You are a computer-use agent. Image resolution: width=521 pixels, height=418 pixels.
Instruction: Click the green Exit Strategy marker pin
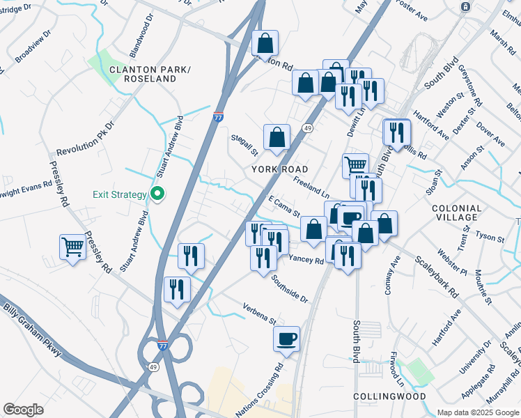(x=157, y=194)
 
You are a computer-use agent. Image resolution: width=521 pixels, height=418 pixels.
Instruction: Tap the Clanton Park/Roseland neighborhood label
(x=143, y=74)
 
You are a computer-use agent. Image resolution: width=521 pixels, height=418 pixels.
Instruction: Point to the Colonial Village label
(x=457, y=213)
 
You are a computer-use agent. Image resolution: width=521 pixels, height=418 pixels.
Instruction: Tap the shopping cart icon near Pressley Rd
(x=72, y=247)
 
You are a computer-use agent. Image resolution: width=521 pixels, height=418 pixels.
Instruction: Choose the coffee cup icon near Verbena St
(x=286, y=339)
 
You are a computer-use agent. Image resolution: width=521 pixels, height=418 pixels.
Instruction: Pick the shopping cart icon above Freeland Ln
(x=355, y=166)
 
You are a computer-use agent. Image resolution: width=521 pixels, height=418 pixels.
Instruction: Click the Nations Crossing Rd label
(x=260, y=390)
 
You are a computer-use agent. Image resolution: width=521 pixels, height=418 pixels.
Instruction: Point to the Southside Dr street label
(x=290, y=287)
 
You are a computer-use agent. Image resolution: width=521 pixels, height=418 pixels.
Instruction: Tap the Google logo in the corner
(x=23, y=409)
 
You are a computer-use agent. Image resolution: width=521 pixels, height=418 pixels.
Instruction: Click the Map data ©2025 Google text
(x=477, y=412)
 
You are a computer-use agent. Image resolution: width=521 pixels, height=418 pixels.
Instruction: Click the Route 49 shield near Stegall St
(x=307, y=129)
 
